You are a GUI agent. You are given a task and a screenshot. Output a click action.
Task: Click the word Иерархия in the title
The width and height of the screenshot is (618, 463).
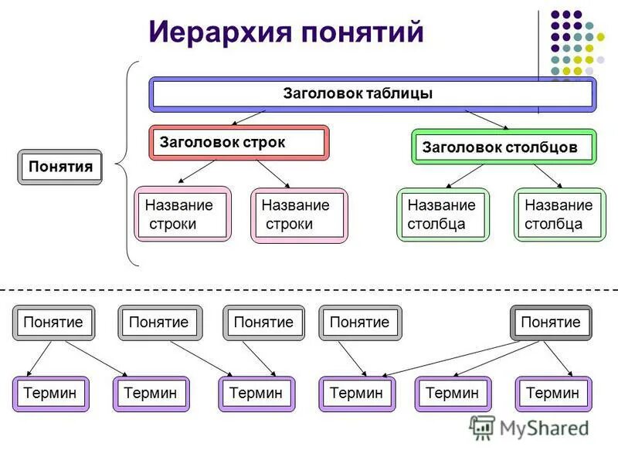219,32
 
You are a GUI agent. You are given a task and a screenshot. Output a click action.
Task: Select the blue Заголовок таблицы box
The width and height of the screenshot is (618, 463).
371,94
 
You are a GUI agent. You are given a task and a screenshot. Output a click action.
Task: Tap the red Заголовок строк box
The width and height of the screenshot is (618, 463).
239,143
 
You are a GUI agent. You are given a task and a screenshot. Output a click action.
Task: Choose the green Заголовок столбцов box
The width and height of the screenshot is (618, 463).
504,147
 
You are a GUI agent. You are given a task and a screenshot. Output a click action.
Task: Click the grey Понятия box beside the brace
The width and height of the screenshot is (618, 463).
60,167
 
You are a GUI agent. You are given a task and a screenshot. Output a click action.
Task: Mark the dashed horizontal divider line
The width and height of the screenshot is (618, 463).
309,289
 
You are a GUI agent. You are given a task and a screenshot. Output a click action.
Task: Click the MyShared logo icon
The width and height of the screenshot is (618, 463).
482,428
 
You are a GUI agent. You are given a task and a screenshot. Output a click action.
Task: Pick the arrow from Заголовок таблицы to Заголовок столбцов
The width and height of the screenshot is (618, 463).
487,120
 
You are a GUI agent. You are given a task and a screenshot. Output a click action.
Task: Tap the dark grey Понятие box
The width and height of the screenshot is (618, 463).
550,323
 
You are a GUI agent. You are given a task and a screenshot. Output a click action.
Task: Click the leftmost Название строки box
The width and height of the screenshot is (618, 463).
182,215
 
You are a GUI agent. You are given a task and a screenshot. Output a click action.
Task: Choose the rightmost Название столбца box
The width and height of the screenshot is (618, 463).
560,215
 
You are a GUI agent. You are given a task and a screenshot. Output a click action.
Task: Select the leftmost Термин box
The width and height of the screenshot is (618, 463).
50,394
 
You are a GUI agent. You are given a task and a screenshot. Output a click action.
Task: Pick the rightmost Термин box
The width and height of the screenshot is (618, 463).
553,394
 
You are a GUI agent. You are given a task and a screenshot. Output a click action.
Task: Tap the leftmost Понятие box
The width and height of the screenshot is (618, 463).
53,323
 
